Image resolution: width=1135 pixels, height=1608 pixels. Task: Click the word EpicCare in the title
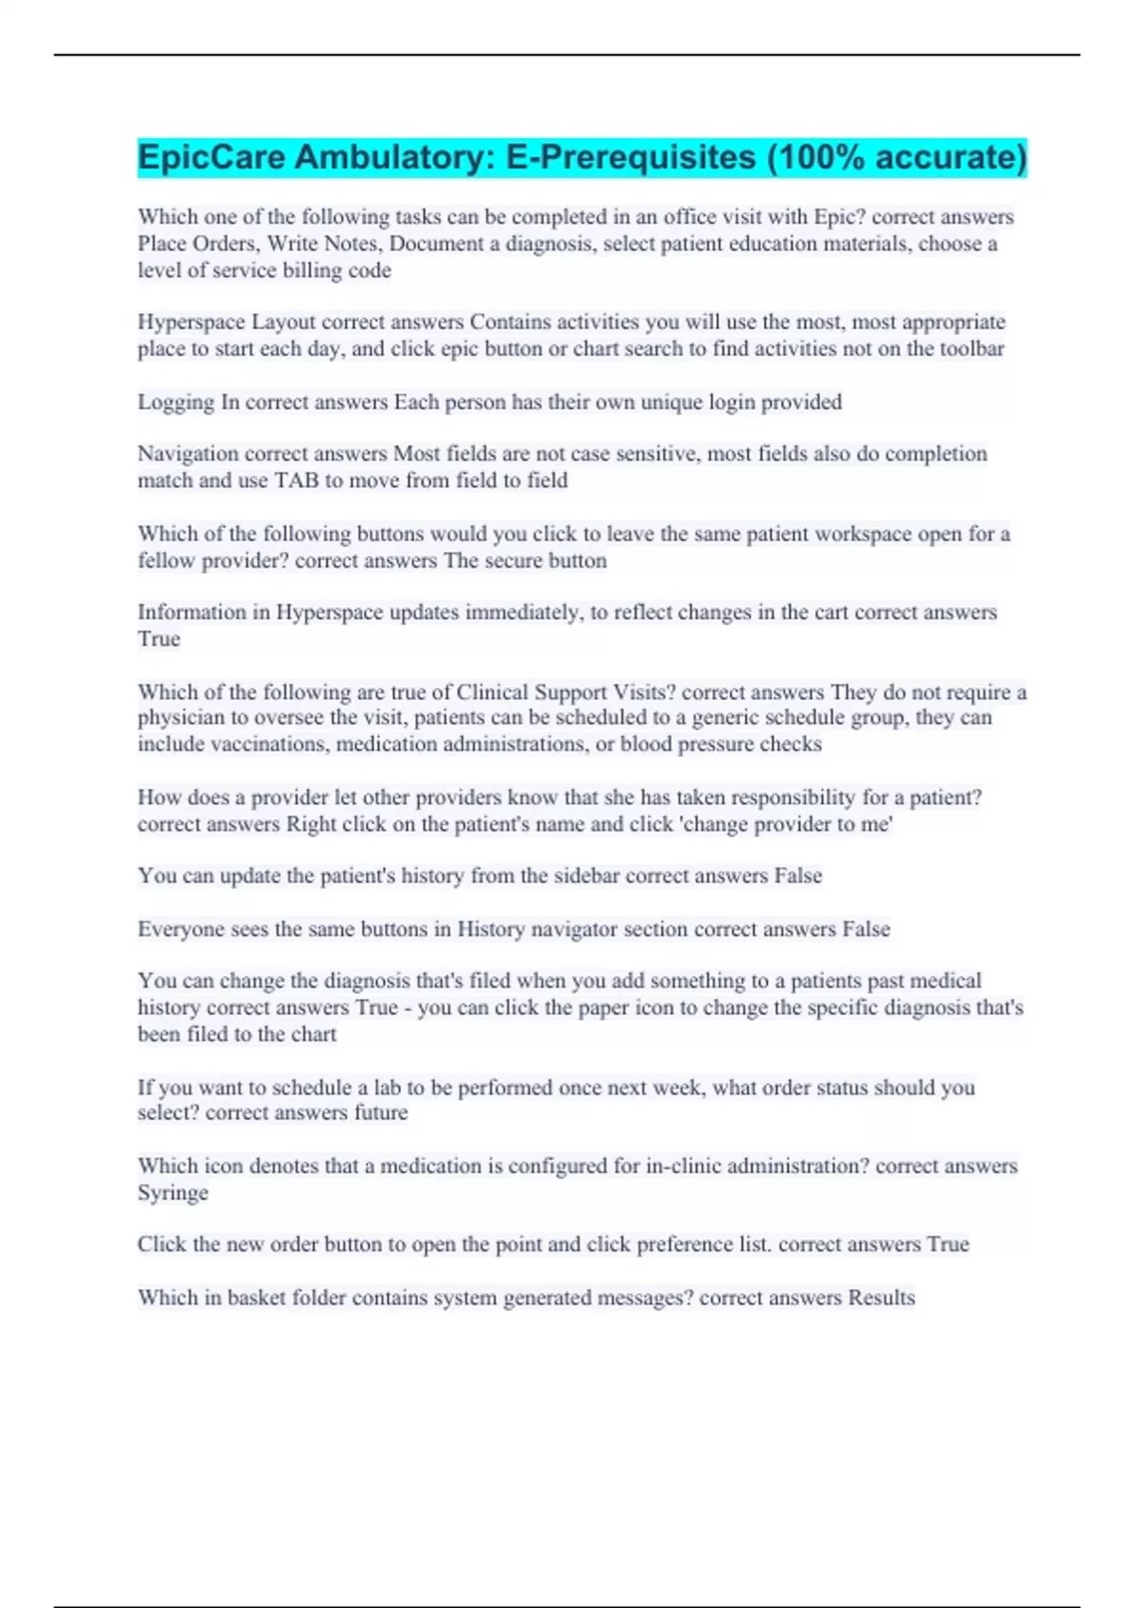point(211,157)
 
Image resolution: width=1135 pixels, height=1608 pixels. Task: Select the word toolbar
point(971,349)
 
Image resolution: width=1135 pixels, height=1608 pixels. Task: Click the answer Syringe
point(172,1193)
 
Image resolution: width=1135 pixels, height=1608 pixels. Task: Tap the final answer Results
point(881,1298)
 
